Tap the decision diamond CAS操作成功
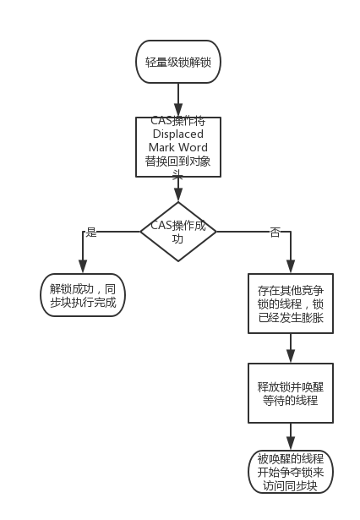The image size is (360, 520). pyautogui.click(x=177, y=231)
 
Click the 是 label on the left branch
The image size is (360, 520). pyautogui.click(x=91, y=232)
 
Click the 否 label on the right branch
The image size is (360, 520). pyautogui.click(x=275, y=232)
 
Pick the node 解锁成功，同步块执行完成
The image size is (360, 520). pyautogui.click(x=83, y=295)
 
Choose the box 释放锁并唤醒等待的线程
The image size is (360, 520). pyautogui.click(x=290, y=393)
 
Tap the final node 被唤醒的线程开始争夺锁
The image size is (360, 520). pyautogui.click(x=290, y=472)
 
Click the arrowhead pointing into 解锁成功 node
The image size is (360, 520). pyautogui.click(x=83, y=268)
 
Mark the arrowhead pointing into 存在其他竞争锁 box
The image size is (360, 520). pyautogui.click(x=290, y=268)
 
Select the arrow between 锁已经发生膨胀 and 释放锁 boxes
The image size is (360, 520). pyautogui.click(x=290, y=347)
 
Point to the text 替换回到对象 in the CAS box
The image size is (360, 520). pyautogui.click(x=177, y=162)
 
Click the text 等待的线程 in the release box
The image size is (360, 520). pyautogui.click(x=290, y=401)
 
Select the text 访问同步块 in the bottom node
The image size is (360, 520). pyautogui.click(x=290, y=485)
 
